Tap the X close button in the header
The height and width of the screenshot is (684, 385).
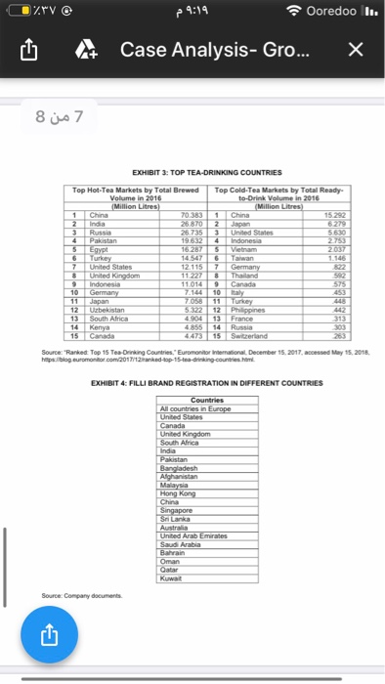coord(357,50)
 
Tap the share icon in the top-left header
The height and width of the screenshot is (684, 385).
coord(26,50)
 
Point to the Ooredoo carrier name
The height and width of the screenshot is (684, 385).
coord(331,13)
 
